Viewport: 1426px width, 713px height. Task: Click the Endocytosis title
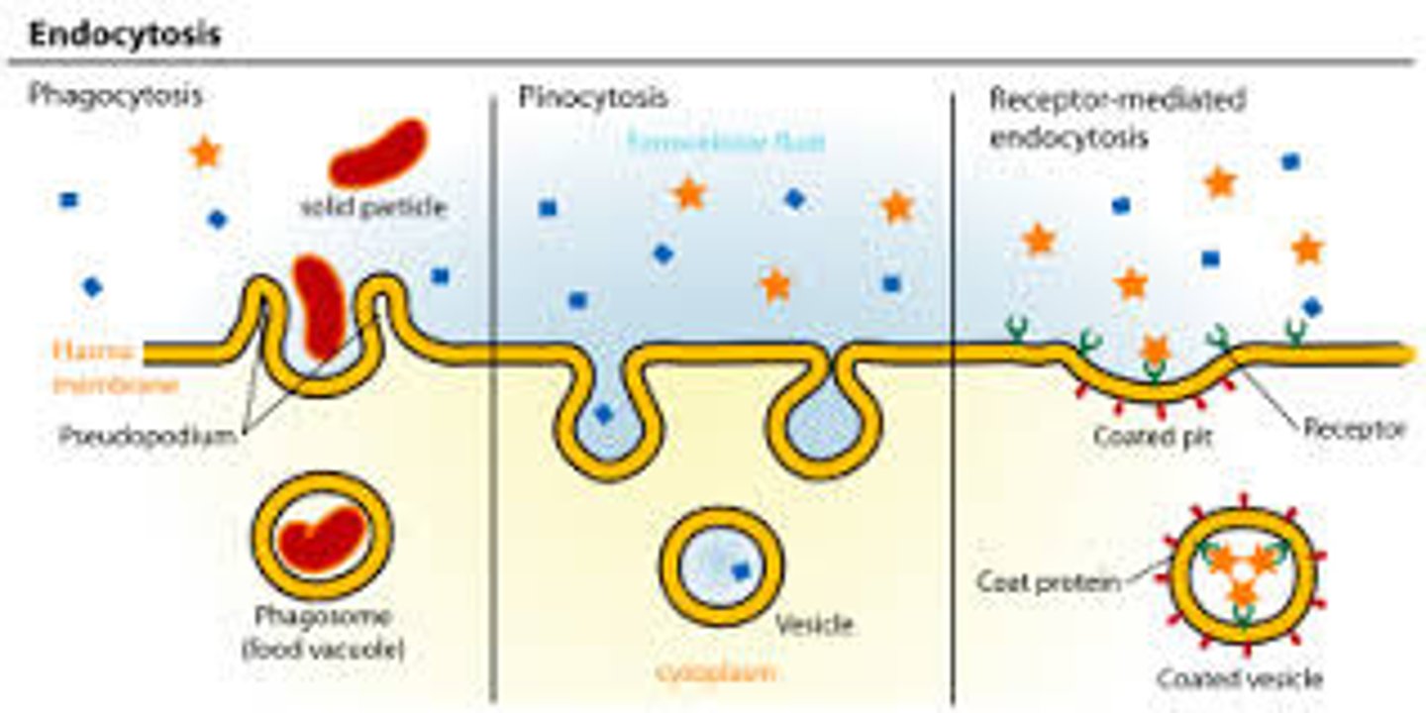pos(125,35)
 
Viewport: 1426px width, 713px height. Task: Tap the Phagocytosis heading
pos(115,96)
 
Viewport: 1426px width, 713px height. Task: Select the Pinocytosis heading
pos(592,97)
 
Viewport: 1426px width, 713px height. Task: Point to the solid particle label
pos(373,209)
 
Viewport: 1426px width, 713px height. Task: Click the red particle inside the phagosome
pos(320,538)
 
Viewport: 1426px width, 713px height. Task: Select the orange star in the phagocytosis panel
pos(205,152)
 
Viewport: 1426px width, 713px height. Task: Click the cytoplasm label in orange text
pos(716,672)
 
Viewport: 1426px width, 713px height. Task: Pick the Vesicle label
pos(814,624)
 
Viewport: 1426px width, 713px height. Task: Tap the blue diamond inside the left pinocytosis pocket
pos(603,414)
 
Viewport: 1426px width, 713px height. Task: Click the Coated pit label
pos(1146,435)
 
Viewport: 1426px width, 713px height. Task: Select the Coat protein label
pos(1048,581)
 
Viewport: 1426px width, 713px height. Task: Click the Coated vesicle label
pos(1239,678)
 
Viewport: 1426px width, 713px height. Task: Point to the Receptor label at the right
pos(1354,429)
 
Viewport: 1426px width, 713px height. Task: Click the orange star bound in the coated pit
pos(1154,350)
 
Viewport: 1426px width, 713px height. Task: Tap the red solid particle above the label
pos(377,152)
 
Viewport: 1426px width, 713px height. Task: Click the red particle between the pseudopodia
pos(319,305)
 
